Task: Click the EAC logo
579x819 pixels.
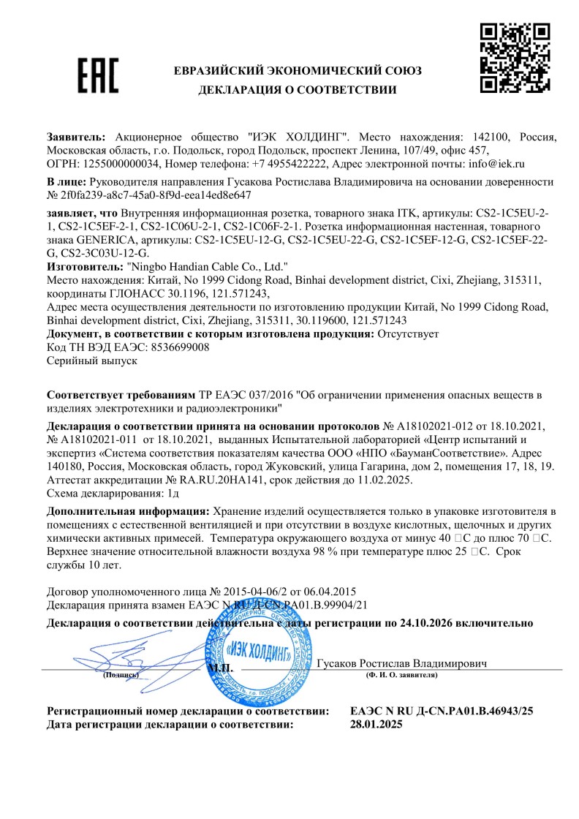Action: pos(98,76)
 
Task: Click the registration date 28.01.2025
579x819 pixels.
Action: pos(376,725)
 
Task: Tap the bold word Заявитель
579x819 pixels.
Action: pos(76,137)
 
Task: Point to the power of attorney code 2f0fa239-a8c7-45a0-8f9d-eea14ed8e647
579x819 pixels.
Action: pos(155,195)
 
